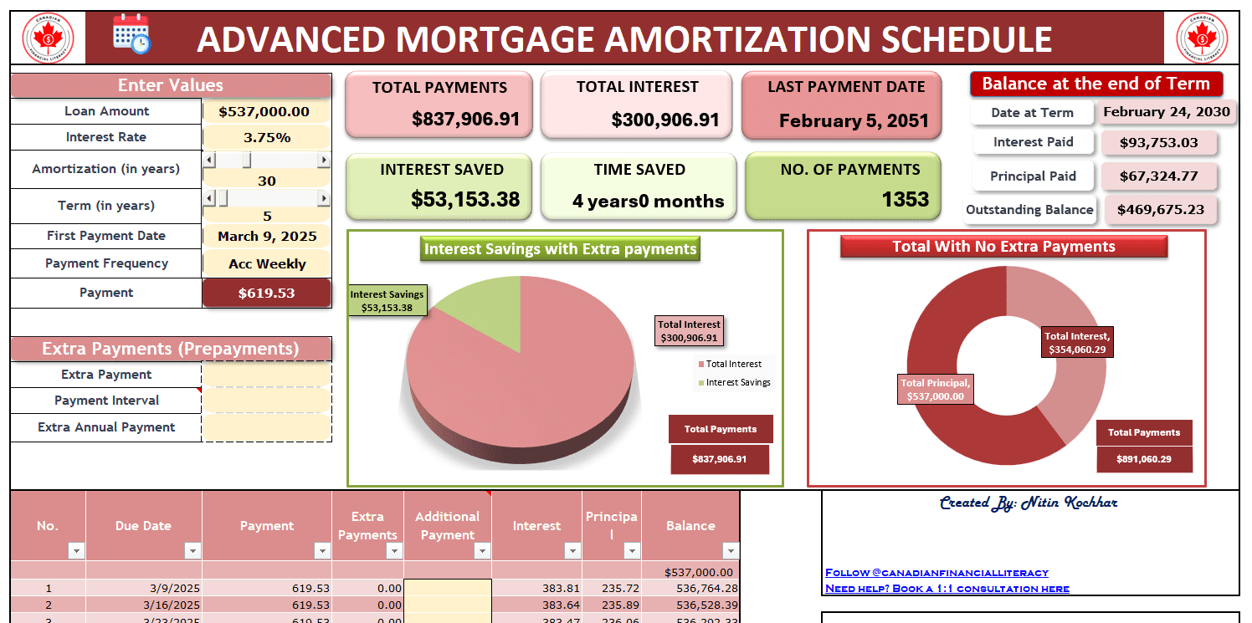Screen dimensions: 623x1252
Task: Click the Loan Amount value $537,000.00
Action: [x=264, y=111]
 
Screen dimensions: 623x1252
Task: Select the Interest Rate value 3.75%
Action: [x=267, y=137]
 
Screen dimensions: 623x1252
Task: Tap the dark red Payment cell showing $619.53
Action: [x=267, y=293]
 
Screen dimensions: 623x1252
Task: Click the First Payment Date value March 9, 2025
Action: [x=267, y=236]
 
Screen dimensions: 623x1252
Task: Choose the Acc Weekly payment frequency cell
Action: [x=267, y=263]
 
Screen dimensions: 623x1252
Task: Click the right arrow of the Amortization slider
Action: [x=324, y=160]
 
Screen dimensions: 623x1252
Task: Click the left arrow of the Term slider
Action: [x=209, y=198]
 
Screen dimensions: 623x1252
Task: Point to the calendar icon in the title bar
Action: [x=131, y=35]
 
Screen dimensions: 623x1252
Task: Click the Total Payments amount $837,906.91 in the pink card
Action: [x=465, y=119]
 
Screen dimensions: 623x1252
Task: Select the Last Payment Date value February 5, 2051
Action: [x=854, y=120]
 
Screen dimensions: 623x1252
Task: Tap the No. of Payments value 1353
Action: [x=905, y=199]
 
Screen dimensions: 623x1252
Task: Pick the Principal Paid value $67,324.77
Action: [x=1159, y=176]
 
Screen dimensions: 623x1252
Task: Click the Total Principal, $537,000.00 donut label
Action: [x=936, y=390]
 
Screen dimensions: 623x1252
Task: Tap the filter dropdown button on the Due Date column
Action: [x=192, y=550]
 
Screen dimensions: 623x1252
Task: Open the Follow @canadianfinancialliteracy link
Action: [x=936, y=572]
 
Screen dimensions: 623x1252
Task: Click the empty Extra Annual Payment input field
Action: [x=267, y=427]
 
